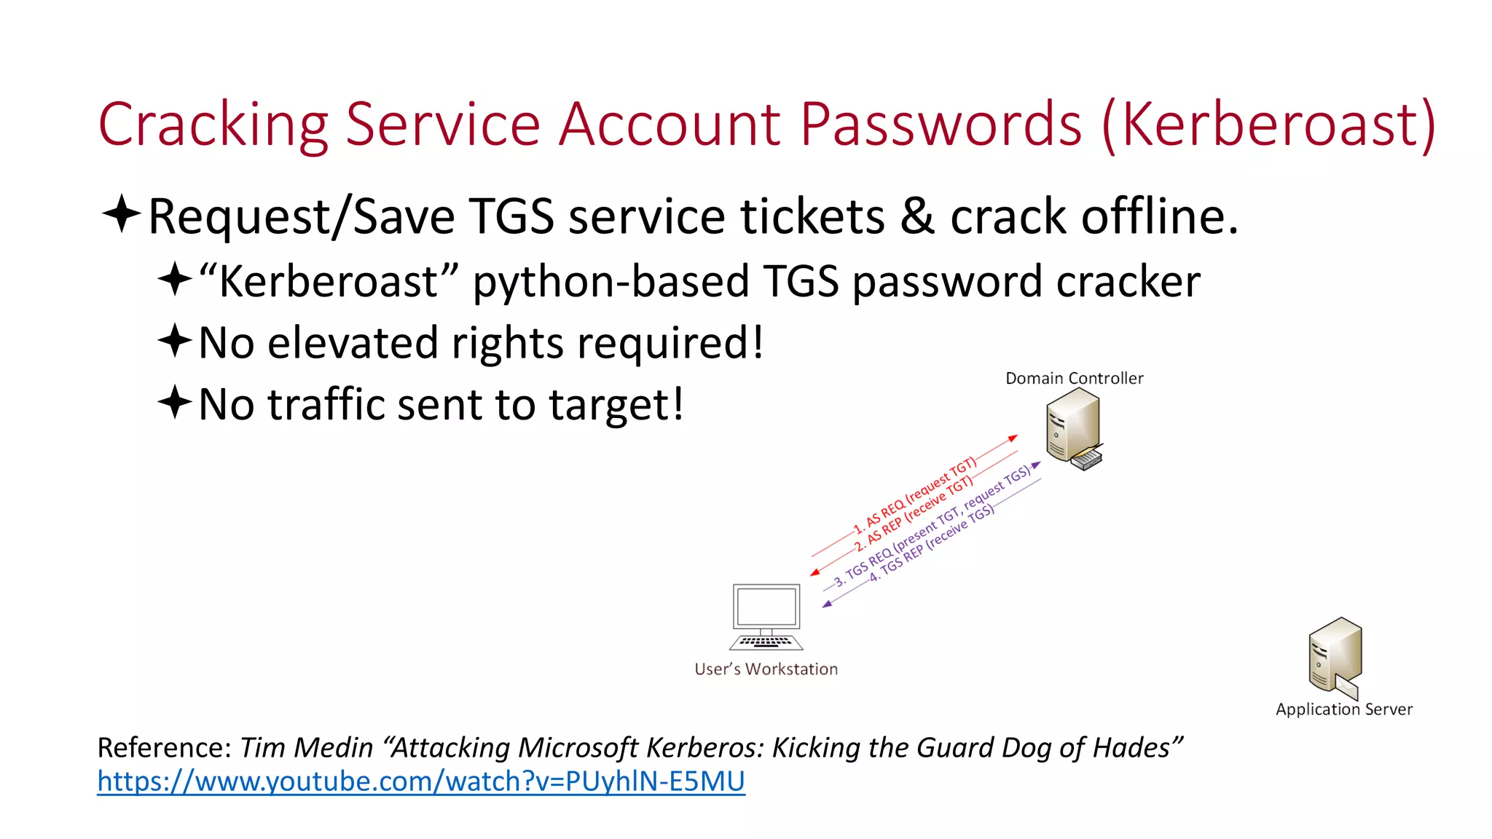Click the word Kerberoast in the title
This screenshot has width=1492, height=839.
pyautogui.click(x=1268, y=125)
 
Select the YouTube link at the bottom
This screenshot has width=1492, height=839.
pyautogui.click(x=421, y=781)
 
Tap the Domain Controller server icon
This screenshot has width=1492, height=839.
pyautogui.click(x=1074, y=428)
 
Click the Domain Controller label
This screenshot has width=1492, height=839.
pyautogui.click(x=1074, y=378)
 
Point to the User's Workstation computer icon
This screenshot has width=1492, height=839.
pyautogui.click(x=766, y=616)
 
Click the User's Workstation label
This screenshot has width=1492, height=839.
pyautogui.click(x=766, y=669)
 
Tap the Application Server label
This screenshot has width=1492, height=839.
pyautogui.click(x=1343, y=709)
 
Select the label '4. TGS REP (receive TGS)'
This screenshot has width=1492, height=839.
pyautogui.click(x=932, y=543)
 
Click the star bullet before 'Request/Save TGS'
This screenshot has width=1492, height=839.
pyautogui.click(x=121, y=214)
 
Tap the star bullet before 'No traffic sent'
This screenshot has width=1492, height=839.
pyautogui.click(x=175, y=402)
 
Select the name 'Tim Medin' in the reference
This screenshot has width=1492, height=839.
pyautogui.click(x=306, y=747)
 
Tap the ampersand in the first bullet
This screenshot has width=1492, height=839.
pyautogui.click(x=916, y=216)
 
